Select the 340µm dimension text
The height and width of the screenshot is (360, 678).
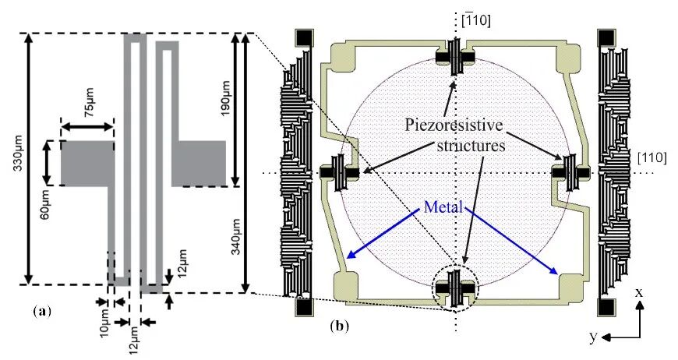point(236,236)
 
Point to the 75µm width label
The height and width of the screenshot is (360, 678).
point(89,103)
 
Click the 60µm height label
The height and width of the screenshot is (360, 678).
point(45,203)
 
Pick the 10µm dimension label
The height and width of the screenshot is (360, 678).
point(105,323)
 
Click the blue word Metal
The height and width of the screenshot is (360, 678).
point(443,207)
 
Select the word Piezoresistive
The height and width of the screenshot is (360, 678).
point(454,125)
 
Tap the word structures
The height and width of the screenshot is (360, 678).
point(471,145)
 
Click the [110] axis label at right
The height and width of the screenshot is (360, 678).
point(652,157)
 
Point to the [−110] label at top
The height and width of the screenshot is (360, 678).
point(476,20)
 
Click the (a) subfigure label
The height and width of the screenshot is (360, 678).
point(42,311)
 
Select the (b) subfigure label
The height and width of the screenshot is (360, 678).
point(339,326)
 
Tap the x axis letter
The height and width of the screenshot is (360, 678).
point(639,292)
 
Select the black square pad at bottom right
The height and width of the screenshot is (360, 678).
point(606,308)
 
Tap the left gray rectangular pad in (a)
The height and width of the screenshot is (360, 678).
point(87,163)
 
